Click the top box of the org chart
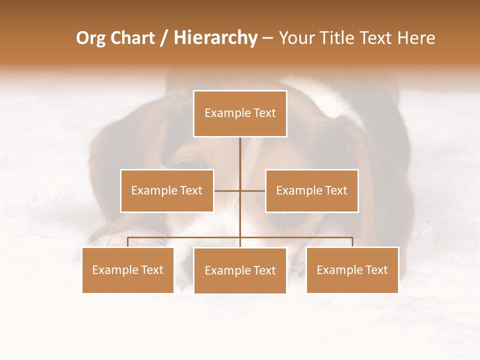[240, 113]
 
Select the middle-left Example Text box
[167, 190]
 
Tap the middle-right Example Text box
[311, 190]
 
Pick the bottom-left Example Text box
[128, 270]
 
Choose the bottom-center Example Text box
[240, 270]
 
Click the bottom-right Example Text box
[352, 270]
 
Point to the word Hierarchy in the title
[215, 38]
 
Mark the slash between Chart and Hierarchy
[164, 38]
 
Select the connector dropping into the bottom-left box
[128, 242]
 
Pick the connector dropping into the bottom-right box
[352, 242]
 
